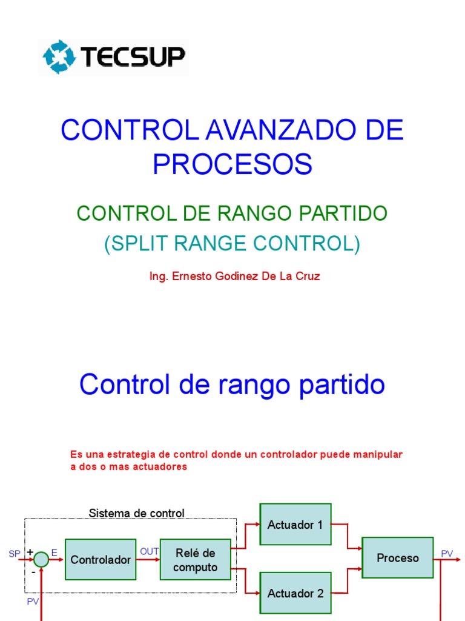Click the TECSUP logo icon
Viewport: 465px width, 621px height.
(x=59, y=57)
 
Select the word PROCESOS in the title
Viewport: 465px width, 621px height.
(x=232, y=164)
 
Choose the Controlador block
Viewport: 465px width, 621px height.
(x=101, y=560)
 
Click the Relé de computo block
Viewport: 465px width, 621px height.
(x=196, y=560)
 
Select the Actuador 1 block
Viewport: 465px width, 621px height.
(x=295, y=525)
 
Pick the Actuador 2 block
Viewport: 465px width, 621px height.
(x=295, y=594)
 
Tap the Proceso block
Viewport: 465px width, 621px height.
(x=398, y=558)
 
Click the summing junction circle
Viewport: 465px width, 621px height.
(x=41, y=560)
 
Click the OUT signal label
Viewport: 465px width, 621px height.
(x=149, y=551)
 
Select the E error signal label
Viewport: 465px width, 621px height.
(x=54, y=553)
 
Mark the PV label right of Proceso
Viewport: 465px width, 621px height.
(x=447, y=553)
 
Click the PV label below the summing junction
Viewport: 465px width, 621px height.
(x=33, y=601)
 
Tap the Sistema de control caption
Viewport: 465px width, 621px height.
(x=136, y=513)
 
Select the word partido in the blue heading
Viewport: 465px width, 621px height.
(x=344, y=384)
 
